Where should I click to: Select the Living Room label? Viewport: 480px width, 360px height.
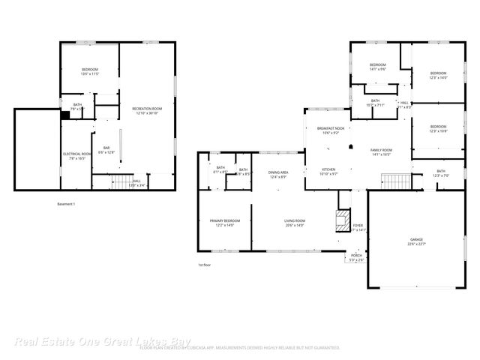(x=293, y=220)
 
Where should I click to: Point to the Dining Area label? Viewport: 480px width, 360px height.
(x=278, y=172)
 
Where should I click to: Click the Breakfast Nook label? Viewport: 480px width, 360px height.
(x=330, y=128)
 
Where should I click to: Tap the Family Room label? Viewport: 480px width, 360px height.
(x=381, y=151)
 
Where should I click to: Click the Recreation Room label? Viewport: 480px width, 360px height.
(x=147, y=109)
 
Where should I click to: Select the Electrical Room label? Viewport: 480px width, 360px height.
(x=77, y=154)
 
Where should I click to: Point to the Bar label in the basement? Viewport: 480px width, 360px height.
(x=106, y=148)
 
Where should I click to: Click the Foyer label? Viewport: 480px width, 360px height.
(x=358, y=225)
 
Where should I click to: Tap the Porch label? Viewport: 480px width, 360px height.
(x=355, y=256)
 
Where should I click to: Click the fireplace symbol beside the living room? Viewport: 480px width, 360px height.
(x=341, y=219)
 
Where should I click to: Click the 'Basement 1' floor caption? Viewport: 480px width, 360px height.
(x=66, y=204)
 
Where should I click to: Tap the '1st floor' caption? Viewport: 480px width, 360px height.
(x=205, y=265)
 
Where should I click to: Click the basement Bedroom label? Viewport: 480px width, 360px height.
(x=90, y=70)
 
